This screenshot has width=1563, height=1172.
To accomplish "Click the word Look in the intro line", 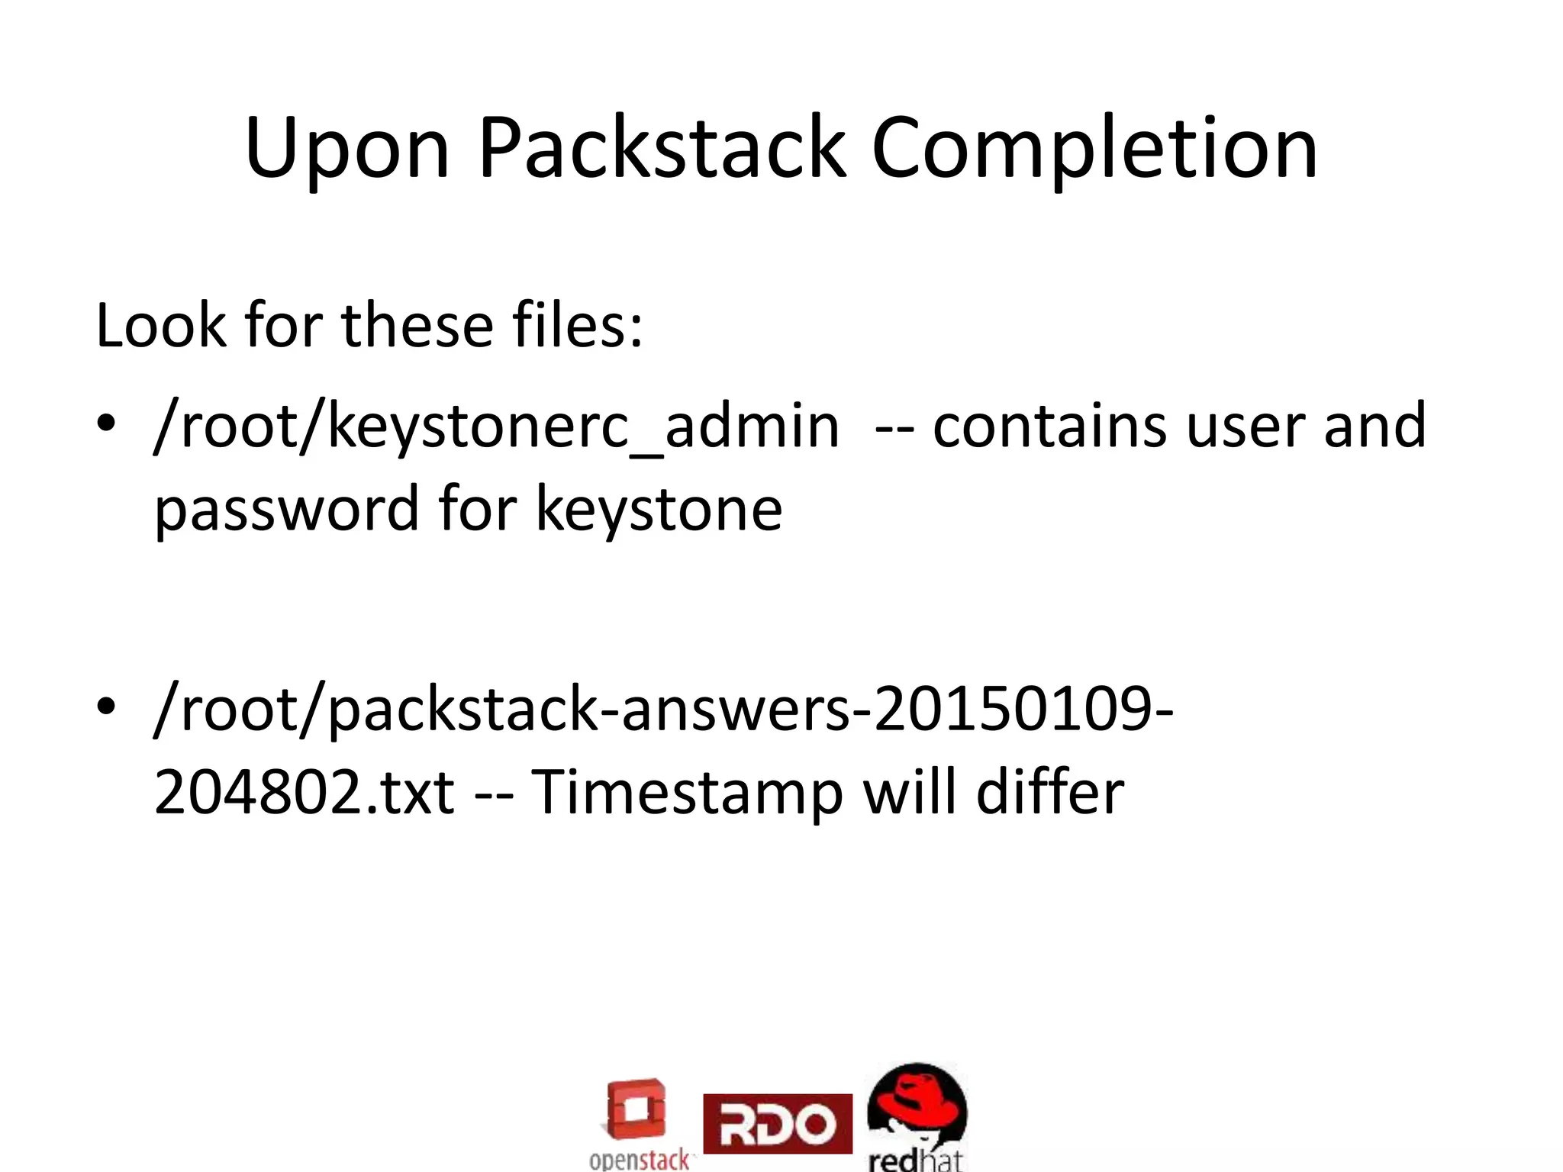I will point(161,326).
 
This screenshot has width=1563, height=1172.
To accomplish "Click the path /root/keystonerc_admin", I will point(496,427).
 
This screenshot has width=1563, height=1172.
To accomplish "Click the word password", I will point(286,510).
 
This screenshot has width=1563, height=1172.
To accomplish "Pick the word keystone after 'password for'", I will point(659,510).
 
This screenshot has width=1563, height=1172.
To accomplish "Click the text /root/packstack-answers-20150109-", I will point(663,709).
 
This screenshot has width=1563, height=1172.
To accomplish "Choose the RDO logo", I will point(777,1123).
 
